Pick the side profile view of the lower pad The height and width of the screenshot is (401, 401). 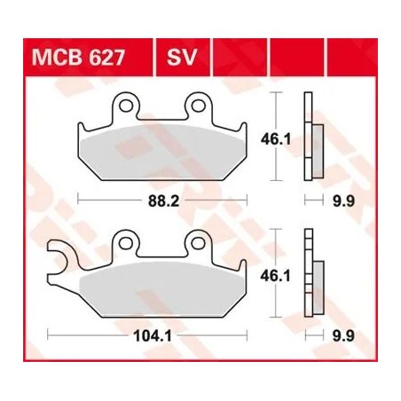[311, 276]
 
